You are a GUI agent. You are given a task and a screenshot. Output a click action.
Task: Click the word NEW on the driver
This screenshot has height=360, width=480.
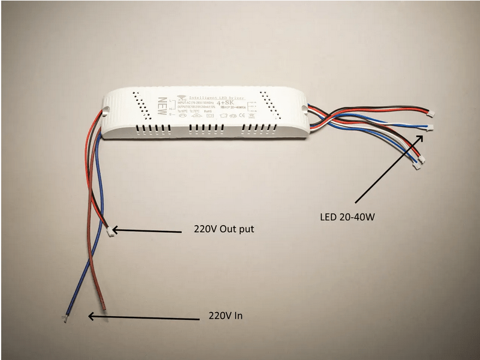point(161,106)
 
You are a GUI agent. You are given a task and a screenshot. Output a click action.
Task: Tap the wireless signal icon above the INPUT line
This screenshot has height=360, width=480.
point(182,97)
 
